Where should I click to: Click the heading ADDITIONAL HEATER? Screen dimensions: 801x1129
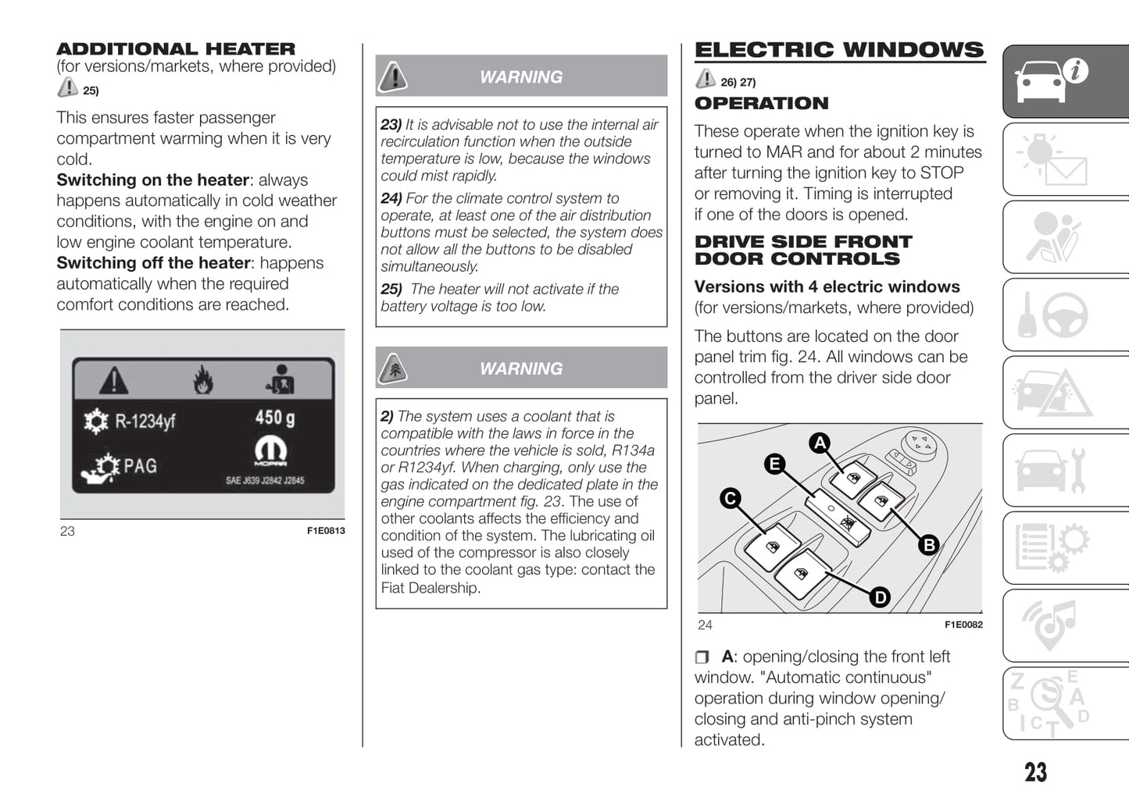point(176,49)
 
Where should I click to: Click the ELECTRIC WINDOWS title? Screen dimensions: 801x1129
point(839,50)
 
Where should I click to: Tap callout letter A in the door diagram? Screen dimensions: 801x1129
point(820,443)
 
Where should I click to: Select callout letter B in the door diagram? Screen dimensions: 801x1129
point(929,545)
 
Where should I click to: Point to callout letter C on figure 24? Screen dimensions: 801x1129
point(731,498)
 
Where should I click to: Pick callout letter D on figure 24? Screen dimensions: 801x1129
point(880,597)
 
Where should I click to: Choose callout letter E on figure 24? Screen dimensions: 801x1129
point(774,465)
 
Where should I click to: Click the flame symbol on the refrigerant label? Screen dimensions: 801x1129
point(203,380)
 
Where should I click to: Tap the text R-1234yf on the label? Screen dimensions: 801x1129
point(145,422)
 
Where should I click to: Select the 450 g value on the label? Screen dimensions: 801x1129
point(275,418)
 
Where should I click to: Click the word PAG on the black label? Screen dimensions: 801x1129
point(141,466)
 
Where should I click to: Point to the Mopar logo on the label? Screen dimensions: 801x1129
point(270,451)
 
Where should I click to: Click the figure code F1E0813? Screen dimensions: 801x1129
point(326,531)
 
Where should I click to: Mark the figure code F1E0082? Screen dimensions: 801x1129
point(963,625)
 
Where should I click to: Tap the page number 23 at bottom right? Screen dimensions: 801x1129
point(1035,772)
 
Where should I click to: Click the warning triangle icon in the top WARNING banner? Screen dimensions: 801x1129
point(394,77)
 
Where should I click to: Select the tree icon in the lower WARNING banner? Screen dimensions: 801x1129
point(394,368)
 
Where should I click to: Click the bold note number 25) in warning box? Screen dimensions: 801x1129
point(391,290)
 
